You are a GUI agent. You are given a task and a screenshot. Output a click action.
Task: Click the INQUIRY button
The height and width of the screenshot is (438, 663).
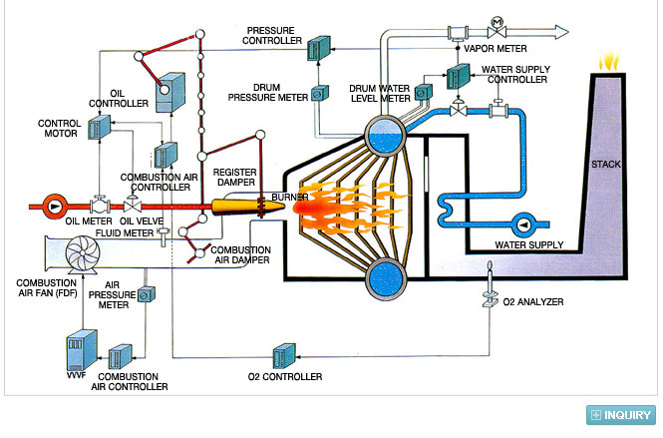click(x=621, y=415)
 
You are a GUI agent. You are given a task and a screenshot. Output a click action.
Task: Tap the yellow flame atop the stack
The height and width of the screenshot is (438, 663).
click(x=609, y=62)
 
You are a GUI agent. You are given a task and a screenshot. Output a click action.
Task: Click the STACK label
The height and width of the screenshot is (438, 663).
click(x=605, y=165)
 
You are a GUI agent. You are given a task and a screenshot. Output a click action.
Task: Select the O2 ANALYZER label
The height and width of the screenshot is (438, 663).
click(x=533, y=301)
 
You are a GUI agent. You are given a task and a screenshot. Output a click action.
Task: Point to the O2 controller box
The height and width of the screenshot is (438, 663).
click(x=284, y=355)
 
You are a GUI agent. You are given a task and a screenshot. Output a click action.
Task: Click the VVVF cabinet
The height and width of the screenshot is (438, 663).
click(x=82, y=350)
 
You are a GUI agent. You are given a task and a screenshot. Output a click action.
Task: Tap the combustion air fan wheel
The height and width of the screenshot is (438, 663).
click(x=83, y=253)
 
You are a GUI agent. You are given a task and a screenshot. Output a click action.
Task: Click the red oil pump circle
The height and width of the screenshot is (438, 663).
click(x=54, y=207)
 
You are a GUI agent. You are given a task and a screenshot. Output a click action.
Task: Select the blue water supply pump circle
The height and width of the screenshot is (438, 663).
click(x=524, y=225)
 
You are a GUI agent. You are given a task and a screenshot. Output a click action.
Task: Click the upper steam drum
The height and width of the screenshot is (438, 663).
click(x=385, y=137)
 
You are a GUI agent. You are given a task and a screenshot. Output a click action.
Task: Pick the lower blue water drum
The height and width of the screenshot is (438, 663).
click(x=385, y=279)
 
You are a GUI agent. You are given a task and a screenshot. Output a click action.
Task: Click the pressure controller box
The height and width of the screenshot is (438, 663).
click(x=318, y=48)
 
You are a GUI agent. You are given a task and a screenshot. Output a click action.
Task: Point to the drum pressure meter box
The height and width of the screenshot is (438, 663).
click(x=320, y=94)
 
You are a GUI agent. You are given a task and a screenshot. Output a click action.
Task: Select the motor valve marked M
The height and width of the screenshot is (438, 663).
click(x=497, y=28)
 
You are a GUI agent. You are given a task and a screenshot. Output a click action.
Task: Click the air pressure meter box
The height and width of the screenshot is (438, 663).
click(x=147, y=294)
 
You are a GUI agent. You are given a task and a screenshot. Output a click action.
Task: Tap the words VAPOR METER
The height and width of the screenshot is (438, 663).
click(x=496, y=49)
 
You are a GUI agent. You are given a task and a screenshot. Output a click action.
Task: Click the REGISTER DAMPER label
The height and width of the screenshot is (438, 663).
click(x=235, y=178)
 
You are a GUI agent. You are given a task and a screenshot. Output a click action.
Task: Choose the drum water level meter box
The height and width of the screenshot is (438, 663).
click(x=424, y=92)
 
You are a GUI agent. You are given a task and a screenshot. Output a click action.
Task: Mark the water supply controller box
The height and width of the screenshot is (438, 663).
click(x=459, y=76)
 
